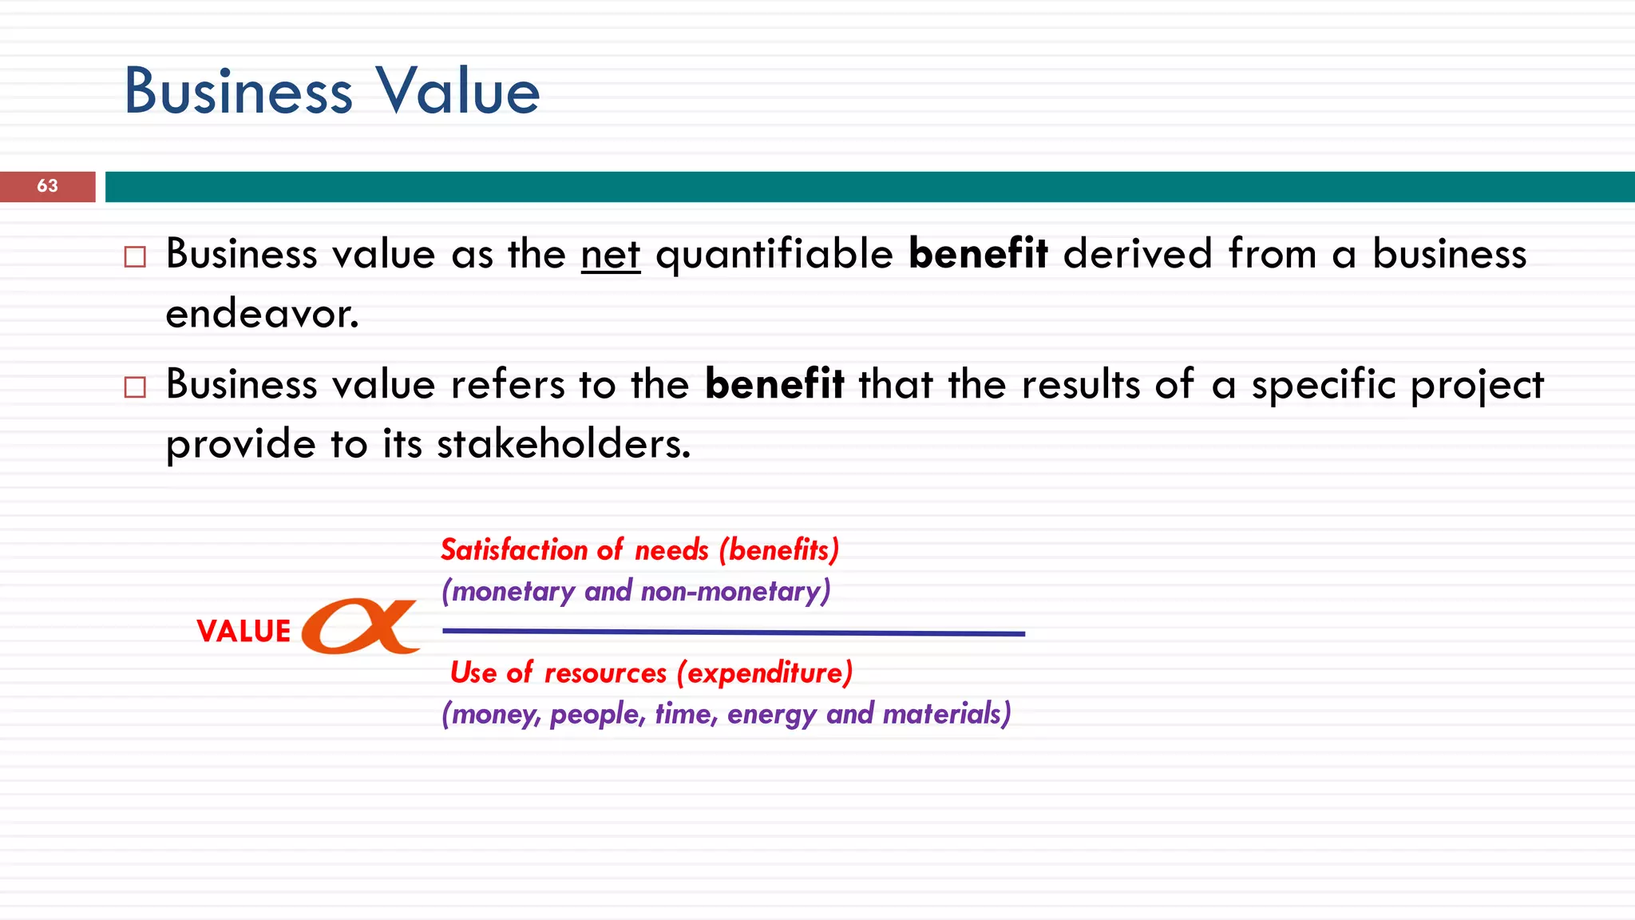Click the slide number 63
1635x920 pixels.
47,186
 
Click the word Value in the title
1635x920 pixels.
458,91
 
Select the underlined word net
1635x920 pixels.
611,255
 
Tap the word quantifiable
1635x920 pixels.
774,255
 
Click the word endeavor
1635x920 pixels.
262,314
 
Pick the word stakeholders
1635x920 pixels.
563,444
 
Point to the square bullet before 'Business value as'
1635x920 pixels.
135,257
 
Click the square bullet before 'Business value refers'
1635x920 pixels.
135,387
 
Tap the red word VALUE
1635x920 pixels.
243,631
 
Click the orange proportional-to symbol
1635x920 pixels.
361,626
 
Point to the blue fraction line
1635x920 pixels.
733,632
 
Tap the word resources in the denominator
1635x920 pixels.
605,672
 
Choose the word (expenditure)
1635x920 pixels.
765,672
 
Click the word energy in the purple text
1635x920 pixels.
771,714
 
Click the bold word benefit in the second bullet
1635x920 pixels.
774,385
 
